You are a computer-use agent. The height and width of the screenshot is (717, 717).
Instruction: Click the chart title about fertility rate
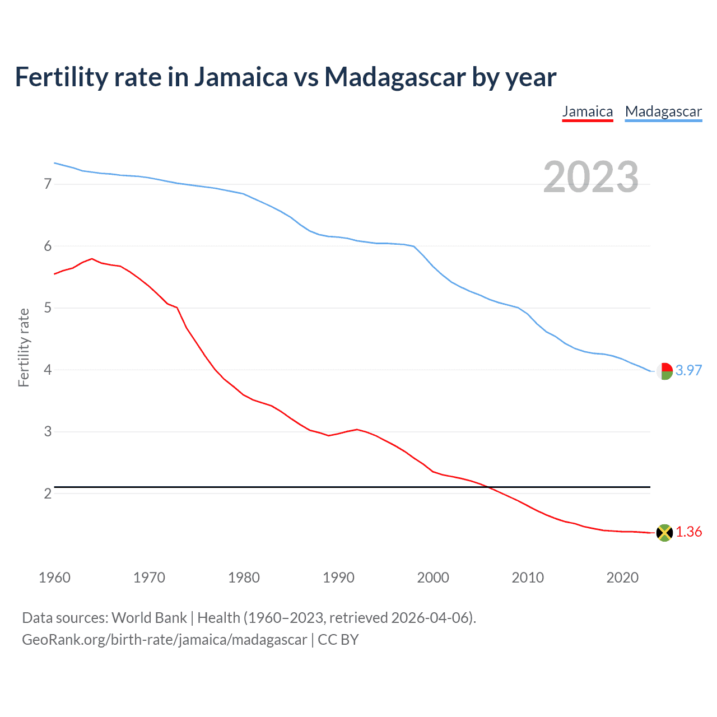click(285, 77)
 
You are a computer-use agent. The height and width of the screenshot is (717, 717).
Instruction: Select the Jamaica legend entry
click(588, 111)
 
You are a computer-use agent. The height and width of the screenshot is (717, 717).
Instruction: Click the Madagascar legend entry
click(663, 111)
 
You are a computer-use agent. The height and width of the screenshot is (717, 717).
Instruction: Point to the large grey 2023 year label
click(591, 177)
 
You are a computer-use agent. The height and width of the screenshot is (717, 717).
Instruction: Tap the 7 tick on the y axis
click(48, 184)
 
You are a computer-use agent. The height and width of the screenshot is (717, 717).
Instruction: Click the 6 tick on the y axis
click(48, 246)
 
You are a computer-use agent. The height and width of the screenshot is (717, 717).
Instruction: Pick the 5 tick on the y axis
click(48, 308)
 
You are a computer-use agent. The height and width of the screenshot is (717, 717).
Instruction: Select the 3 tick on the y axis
click(48, 431)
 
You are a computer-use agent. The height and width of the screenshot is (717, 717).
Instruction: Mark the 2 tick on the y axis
click(48, 493)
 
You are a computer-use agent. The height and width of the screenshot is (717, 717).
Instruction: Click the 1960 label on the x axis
click(54, 578)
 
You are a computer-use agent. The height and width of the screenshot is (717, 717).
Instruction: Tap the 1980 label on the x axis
click(244, 578)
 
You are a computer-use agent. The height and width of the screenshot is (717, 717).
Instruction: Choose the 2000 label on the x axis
click(433, 578)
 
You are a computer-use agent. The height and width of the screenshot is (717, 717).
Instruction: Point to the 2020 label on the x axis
click(622, 578)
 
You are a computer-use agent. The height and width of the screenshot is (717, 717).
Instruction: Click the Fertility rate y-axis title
click(24, 347)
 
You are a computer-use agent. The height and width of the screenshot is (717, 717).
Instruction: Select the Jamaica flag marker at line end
click(664, 533)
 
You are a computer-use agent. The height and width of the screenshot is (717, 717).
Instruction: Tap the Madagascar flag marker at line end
click(664, 371)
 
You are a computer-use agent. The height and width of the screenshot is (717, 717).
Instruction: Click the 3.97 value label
click(688, 370)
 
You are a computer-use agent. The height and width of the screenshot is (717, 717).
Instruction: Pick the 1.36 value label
click(688, 532)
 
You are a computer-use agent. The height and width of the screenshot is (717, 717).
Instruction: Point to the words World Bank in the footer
click(149, 618)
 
